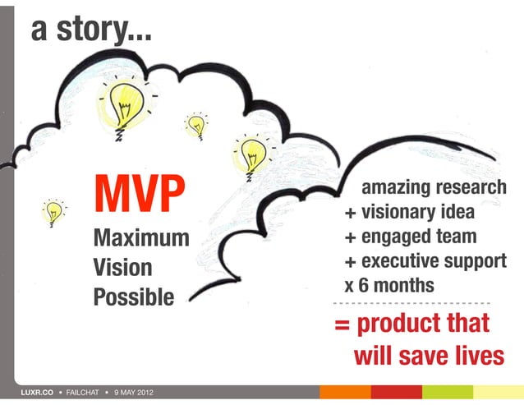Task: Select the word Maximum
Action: (140, 241)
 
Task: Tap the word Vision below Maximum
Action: (122, 268)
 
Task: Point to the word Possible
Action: (134, 296)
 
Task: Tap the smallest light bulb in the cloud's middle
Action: (196, 125)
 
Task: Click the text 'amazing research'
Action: (434, 188)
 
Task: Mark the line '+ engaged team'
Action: (409, 237)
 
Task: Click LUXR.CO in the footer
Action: (36, 393)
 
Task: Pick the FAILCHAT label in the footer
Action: (83, 393)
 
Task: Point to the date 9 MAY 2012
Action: (134, 393)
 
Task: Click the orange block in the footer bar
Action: (345, 392)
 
